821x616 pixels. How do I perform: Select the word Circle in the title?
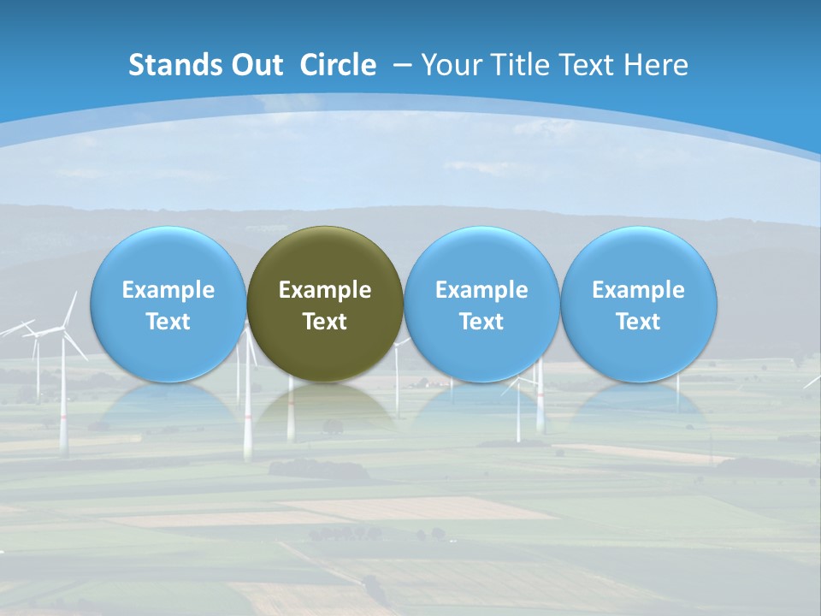coord(338,65)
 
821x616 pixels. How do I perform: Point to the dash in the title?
coord(402,65)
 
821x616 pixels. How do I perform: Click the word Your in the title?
coord(449,65)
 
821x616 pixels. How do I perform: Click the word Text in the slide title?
coord(588,65)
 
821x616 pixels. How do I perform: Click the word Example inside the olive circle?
coord(325,290)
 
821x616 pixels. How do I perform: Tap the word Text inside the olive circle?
coord(325,322)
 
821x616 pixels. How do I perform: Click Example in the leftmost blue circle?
coord(168,290)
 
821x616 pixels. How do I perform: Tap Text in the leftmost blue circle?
coord(168,322)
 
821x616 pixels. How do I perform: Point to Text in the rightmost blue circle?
coord(639,322)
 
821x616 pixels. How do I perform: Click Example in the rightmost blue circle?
coord(639,290)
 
